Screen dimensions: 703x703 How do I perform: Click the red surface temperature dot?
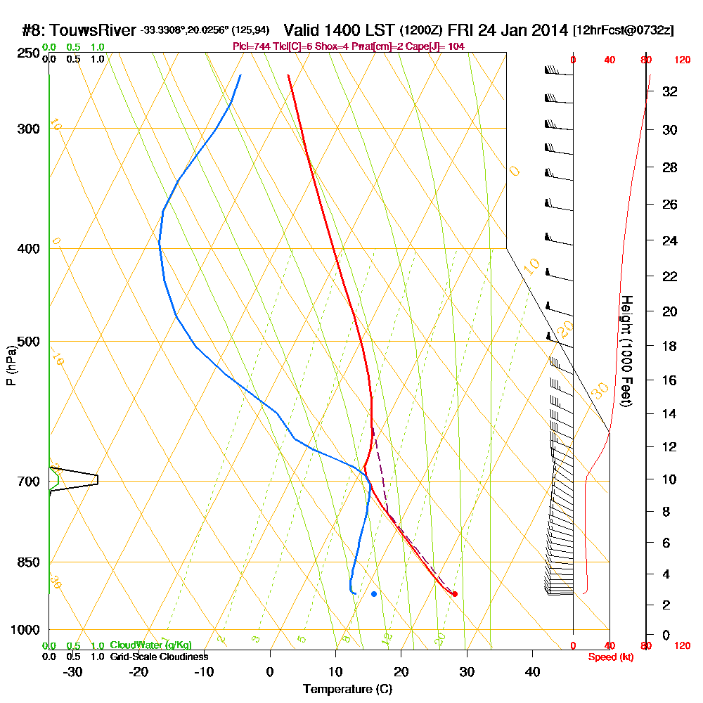[x=455, y=594]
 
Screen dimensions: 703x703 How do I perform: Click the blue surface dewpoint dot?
[x=374, y=594]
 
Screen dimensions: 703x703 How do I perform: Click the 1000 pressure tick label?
[x=24, y=630]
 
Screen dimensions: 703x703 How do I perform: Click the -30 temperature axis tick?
[x=73, y=671]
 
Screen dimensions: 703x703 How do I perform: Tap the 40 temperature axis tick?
[x=533, y=671]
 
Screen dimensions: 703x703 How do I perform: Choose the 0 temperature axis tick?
[x=270, y=671]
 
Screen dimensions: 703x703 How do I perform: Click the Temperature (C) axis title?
[x=347, y=690]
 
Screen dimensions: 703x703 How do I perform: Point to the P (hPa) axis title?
[x=11, y=366]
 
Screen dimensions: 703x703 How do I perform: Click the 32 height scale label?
[x=670, y=91]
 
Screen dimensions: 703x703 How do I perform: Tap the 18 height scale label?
[x=670, y=346]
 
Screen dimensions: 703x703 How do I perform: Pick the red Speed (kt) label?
[x=610, y=657]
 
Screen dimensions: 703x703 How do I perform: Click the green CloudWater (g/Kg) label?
[x=150, y=645]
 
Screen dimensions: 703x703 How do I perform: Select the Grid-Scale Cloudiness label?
[x=159, y=657]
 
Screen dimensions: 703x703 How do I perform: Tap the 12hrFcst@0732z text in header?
[x=624, y=30]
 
